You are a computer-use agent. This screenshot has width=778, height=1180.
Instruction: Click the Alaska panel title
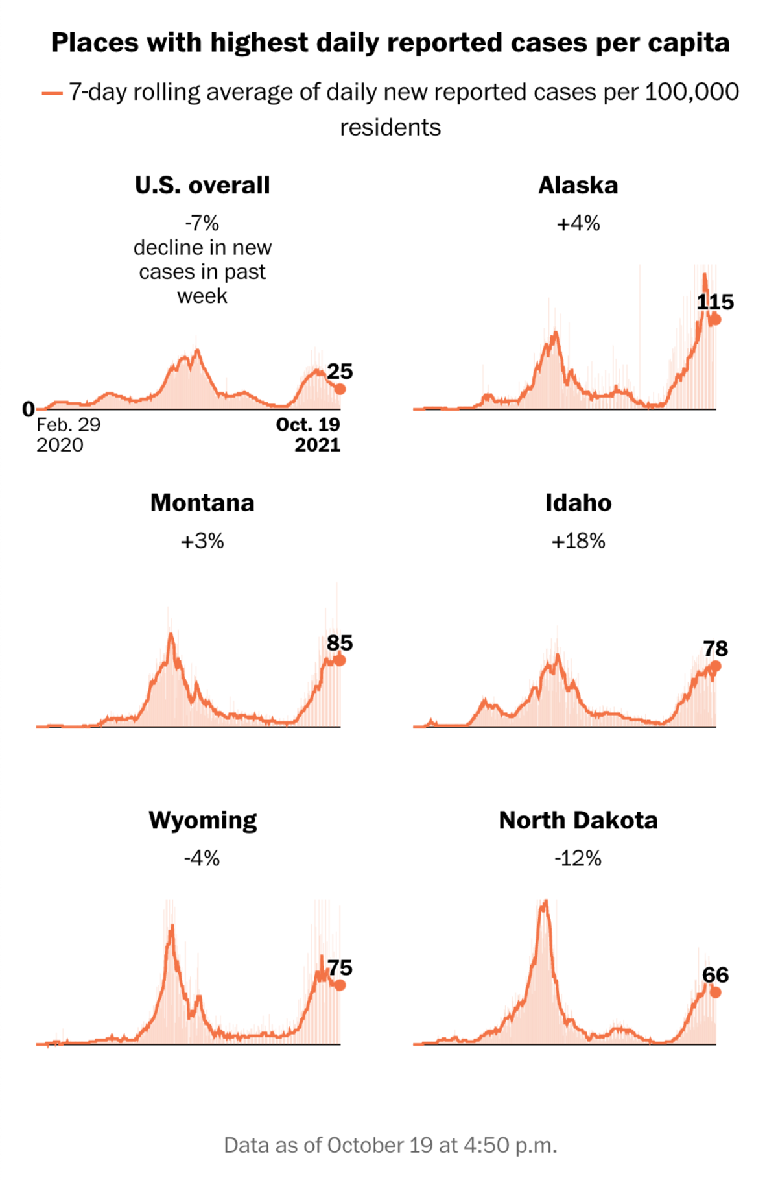[x=578, y=186]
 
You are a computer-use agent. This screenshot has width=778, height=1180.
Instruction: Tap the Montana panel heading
[x=202, y=503]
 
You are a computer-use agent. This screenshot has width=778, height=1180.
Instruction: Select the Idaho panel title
[x=578, y=503]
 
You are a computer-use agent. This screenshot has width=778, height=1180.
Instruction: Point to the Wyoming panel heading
[x=202, y=821]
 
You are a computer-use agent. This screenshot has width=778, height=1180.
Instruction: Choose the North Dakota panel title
[x=578, y=821]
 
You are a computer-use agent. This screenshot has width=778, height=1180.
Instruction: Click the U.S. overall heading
[x=202, y=186]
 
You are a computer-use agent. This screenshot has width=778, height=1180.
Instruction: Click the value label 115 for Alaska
[x=715, y=302]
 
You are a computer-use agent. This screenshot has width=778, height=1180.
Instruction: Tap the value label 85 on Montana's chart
[x=340, y=643]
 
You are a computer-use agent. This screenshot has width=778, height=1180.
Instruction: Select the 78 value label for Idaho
[x=715, y=648]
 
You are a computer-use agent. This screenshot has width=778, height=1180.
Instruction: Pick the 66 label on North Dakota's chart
[x=715, y=974]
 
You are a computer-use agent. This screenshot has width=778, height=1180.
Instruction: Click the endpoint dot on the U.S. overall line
[x=340, y=389]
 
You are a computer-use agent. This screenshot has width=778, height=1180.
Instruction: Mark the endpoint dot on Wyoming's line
[x=340, y=985]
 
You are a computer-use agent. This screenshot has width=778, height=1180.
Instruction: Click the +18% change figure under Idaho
[x=578, y=541]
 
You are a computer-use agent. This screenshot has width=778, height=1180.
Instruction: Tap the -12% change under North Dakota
[x=578, y=858]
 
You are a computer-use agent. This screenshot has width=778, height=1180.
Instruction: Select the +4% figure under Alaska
[x=578, y=224]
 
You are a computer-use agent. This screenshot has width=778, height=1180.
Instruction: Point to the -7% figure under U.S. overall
[x=202, y=224]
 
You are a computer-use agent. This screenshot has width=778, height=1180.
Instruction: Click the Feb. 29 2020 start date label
[x=68, y=435]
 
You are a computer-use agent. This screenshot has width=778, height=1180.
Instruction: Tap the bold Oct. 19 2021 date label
[x=309, y=435]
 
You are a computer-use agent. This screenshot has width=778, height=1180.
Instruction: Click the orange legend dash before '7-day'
[x=52, y=93]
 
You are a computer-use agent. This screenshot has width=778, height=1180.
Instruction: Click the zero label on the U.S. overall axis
[x=28, y=409]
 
